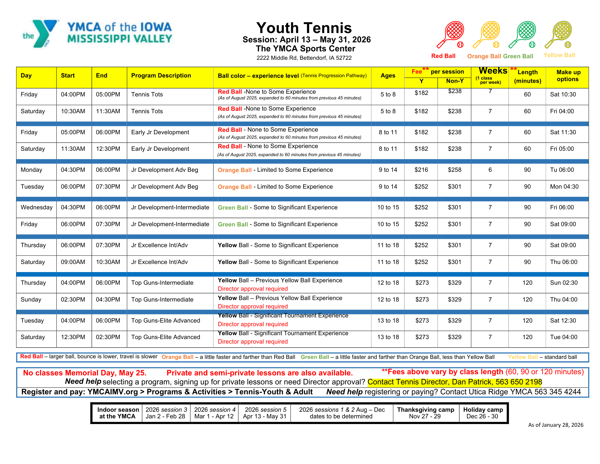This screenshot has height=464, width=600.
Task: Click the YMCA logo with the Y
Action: click(x=41, y=34)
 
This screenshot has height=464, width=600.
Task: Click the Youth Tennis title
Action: click(x=304, y=28)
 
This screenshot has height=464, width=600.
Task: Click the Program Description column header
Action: click(x=161, y=76)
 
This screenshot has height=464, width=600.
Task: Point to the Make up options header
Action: click(x=568, y=76)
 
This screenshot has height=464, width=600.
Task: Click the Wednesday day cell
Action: click(x=36, y=208)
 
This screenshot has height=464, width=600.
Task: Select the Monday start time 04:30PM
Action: click(x=73, y=170)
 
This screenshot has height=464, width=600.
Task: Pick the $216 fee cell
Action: click(x=421, y=170)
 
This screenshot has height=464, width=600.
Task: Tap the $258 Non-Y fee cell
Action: click(x=454, y=170)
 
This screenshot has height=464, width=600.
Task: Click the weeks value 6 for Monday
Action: click(x=490, y=170)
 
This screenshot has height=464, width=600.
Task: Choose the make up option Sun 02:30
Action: click(x=564, y=283)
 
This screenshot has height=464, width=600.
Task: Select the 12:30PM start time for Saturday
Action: click(x=73, y=337)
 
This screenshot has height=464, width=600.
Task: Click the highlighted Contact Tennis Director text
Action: click(x=454, y=382)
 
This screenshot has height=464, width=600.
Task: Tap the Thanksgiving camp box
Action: click(x=425, y=413)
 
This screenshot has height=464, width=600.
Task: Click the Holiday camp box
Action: click(x=483, y=413)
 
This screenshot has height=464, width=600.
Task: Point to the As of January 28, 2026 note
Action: click(x=556, y=425)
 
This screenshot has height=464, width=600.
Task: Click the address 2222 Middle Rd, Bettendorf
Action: click(x=304, y=58)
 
